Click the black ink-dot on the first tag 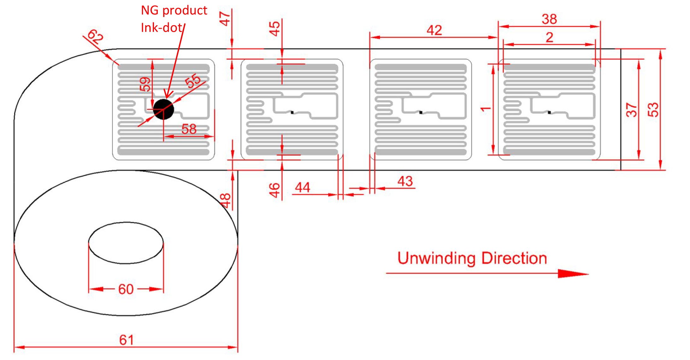click(x=163, y=109)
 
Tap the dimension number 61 click(x=127, y=340)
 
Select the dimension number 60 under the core click(x=126, y=289)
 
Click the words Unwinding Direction click(x=472, y=259)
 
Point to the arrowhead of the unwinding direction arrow click(x=573, y=274)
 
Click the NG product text click(x=174, y=10)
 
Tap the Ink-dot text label click(x=162, y=28)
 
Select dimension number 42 click(x=434, y=30)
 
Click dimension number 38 click(x=549, y=19)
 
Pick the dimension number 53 click(x=653, y=109)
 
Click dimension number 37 click(x=632, y=109)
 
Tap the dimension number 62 click(x=95, y=37)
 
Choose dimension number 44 click(x=303, y=187)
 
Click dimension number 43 click(x=405, y=181)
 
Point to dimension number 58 click(x=189, y=129)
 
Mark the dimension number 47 click(x=225, y=19)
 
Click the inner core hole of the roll click(x=126, y=243)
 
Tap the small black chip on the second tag click(x=292, y=112)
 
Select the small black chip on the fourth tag click(x=549, y=112)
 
